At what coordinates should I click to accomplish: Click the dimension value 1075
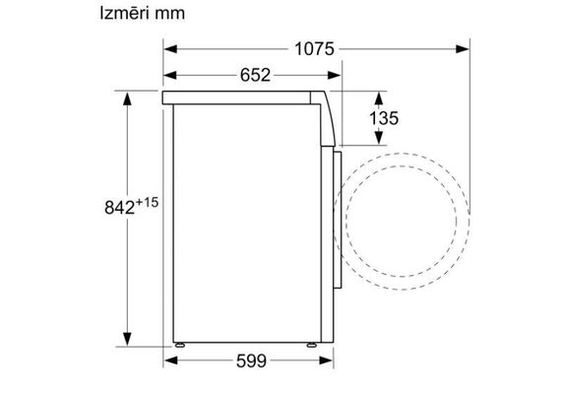(x=314, y=49)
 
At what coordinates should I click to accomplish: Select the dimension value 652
(x=255, y=75)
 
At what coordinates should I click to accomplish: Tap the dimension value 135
(x=384, y=118)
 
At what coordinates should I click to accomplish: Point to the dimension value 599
(x=251, y=361)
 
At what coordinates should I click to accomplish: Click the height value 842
(x=119, y=208)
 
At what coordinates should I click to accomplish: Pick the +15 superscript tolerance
(x=147, y=202)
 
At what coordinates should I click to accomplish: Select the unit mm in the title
(x=170, y=15)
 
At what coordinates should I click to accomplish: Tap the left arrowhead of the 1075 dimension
(x=170, y=49)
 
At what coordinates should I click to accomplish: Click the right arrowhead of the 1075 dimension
(x=463, y=49)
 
